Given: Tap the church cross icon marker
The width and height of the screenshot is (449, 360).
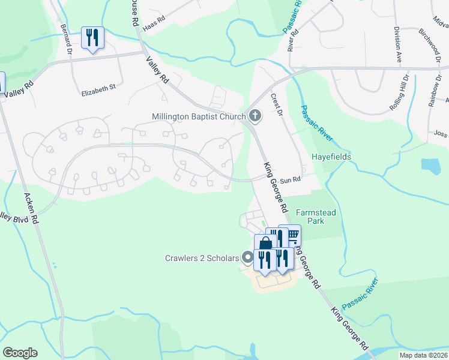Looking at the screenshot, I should [x=255, y=116].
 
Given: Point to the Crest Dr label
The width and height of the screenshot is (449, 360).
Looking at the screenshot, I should [x=276, y=104].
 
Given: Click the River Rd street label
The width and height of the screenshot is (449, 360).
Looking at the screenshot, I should [x=293, y=38].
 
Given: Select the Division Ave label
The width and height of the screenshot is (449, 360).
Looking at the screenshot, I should [x=398, y=44].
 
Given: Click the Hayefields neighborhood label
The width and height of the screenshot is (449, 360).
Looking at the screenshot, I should [x=331, y=157].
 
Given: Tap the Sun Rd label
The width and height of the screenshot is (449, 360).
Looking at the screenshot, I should [x=290, y=179].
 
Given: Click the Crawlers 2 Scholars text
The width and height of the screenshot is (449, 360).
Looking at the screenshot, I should [x=202, y=259].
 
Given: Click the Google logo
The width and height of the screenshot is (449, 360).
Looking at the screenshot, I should [x=20, y=353].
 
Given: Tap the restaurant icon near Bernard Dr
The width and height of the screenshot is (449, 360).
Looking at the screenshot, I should [x=92, y=37].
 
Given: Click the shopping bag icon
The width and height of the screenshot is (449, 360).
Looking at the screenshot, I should [x=265, y=244].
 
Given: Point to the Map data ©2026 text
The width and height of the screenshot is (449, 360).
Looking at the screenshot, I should [x=423, y=355].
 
